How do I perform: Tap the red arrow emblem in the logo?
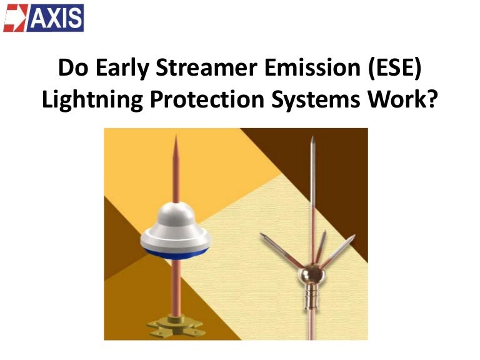pyautogui.click(x=15, y=18)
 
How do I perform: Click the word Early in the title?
pyautogui.click(x=122, y=68)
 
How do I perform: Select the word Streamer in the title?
pyautogui.click(x=206, y=67)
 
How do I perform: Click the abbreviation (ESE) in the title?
pyautogui.click(x=394, y=68)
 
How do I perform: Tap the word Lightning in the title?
pyautogui.click(x=92, y=99)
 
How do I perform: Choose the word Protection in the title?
pyautogui.click(x=207, y=99)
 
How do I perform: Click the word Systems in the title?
pyautogui.click(x=316, y=100)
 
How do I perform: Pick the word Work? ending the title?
pyautogui.click(x=402, y=99)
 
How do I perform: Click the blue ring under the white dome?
pyautogui.click(x=176, y=254)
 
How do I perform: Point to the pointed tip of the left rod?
pyautogui.click(x=176, y=136)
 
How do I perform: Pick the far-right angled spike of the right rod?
pyautogui.click(x=337, y=251)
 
